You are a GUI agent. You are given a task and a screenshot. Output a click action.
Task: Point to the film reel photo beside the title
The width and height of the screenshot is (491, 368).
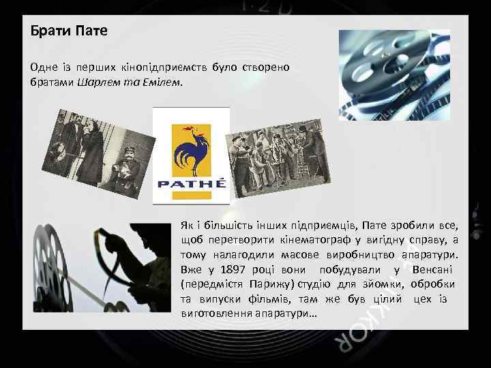(x=394, y=74)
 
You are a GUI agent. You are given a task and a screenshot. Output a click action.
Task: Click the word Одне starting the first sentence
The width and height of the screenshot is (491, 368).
(x=44, y=67)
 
